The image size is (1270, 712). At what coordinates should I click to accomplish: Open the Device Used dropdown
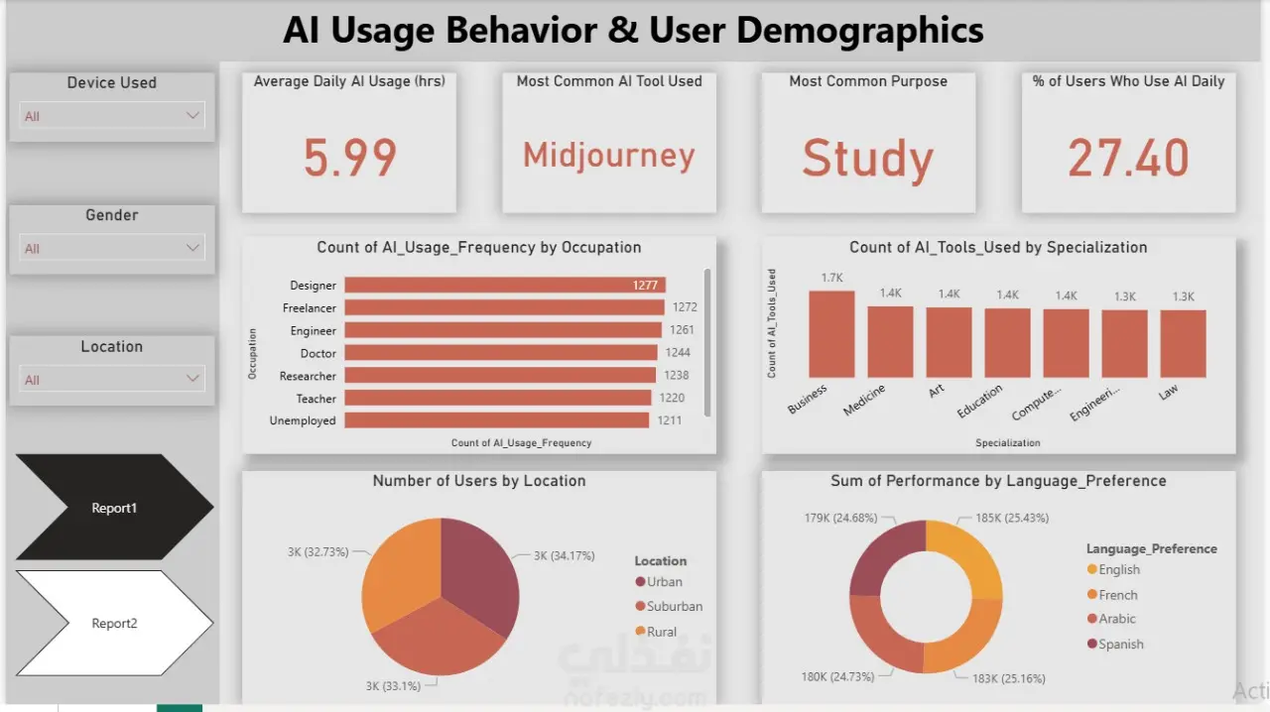(x=112, y=116)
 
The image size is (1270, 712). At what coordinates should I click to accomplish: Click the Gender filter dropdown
(x=112, y=248)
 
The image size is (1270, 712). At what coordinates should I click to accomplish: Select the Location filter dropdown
(x=112, y=379)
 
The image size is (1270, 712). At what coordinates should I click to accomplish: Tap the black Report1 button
(x=114, y=508)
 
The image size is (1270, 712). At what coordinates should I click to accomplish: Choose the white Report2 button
(x=114, y=623)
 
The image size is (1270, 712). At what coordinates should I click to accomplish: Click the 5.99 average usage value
(x=349, y=158)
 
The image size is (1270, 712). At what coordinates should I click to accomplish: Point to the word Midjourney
(x=609, y=156)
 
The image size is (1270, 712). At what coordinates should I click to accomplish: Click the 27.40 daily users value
(x=1128, y=158)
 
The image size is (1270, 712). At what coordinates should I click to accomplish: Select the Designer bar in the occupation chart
(x=504, y=286)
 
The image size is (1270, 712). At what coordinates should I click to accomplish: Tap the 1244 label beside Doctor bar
(x=678, y=353)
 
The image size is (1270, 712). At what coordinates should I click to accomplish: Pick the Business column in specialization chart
(x=830, y=334)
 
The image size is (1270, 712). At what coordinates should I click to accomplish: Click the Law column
(x=1183, y=344)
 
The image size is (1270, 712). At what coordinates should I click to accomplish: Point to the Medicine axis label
(x=864, y=401)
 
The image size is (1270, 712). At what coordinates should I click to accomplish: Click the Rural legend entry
(x=661, y=632)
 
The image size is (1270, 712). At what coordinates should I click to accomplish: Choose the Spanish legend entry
(x=1120, y=645)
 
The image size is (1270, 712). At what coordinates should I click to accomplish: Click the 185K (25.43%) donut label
(x=1012, y=518)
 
